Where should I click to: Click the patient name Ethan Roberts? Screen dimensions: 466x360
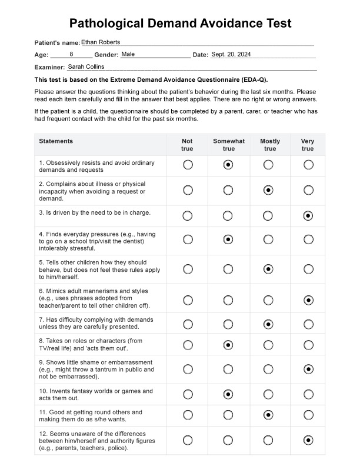(100, 42)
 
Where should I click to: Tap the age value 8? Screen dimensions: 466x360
(71, 54)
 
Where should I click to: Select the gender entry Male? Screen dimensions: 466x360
(128, 54)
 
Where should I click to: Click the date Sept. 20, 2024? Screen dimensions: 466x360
(231, 54)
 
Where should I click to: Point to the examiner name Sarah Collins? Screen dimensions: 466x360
(86, 67)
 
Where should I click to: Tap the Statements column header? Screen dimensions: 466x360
(56, 141)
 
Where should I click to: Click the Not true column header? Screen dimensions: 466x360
(187, 145)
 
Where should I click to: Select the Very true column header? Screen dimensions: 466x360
(308, 145)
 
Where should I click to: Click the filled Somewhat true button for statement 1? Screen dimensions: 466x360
(228, 165)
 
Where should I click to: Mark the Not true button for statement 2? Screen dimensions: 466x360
(188, 190)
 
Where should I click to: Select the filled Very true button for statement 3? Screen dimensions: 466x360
(308, 216)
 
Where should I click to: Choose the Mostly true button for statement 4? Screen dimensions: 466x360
(268, 239)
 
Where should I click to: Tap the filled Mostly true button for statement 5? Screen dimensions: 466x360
(268, 269)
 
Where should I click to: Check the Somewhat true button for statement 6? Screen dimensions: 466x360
(228, 300)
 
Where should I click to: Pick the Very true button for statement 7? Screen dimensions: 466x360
(308, 324)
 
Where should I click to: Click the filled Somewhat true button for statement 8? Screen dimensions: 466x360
(228, 345)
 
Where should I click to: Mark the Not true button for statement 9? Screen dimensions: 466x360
(188, 369)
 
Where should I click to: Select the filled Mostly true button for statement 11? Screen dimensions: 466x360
(268, 415)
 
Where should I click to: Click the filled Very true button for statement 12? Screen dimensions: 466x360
(308, 440)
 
